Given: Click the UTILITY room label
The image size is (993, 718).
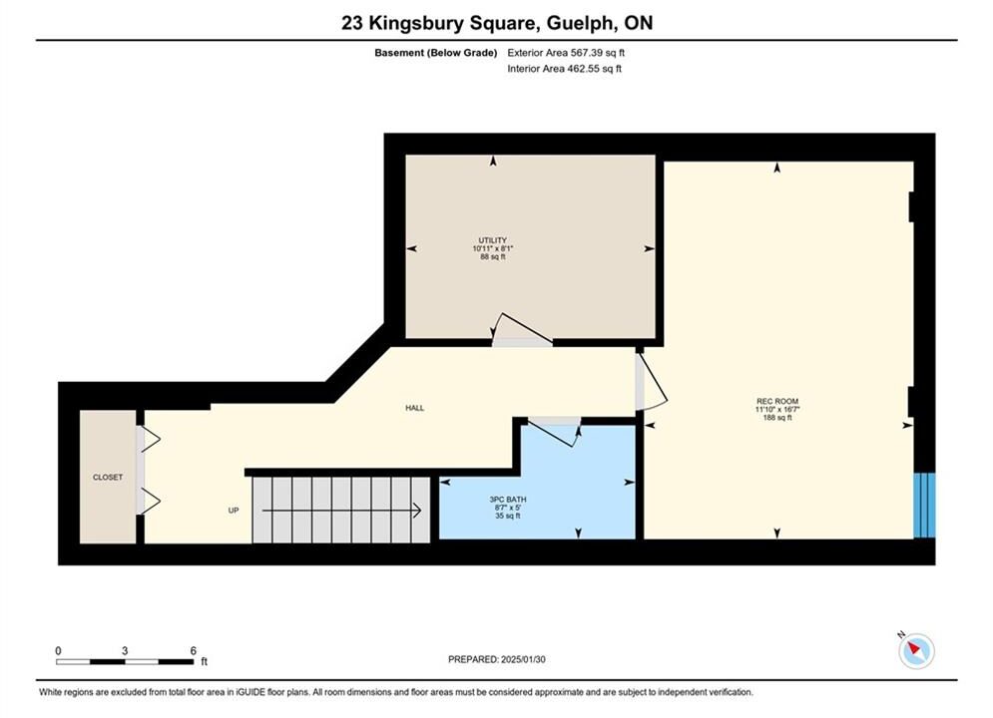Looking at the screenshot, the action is [493, 240].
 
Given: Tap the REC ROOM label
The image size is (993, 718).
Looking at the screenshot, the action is [777, 401].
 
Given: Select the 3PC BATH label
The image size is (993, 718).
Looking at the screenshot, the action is [508, 500].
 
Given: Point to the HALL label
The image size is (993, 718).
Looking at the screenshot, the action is [415, 408].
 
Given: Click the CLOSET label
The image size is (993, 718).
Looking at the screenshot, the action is [108, 477].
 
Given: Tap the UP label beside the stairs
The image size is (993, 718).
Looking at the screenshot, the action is [234, 511].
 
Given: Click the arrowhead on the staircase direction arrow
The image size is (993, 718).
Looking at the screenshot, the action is [418, 510].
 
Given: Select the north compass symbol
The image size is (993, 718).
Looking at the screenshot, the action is [916, 649].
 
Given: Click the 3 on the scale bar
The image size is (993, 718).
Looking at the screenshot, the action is [125, 650].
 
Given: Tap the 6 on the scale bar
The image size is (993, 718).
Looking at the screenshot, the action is [194, 650].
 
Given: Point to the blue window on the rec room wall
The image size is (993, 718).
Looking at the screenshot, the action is [924, 505].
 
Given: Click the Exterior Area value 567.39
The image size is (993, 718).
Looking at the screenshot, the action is [587, 53].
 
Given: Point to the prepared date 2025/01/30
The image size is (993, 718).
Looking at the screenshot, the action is [523, 659].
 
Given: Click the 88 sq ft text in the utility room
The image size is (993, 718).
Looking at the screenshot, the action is [493, 257].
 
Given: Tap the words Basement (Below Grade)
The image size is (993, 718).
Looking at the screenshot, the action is [436, 53].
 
